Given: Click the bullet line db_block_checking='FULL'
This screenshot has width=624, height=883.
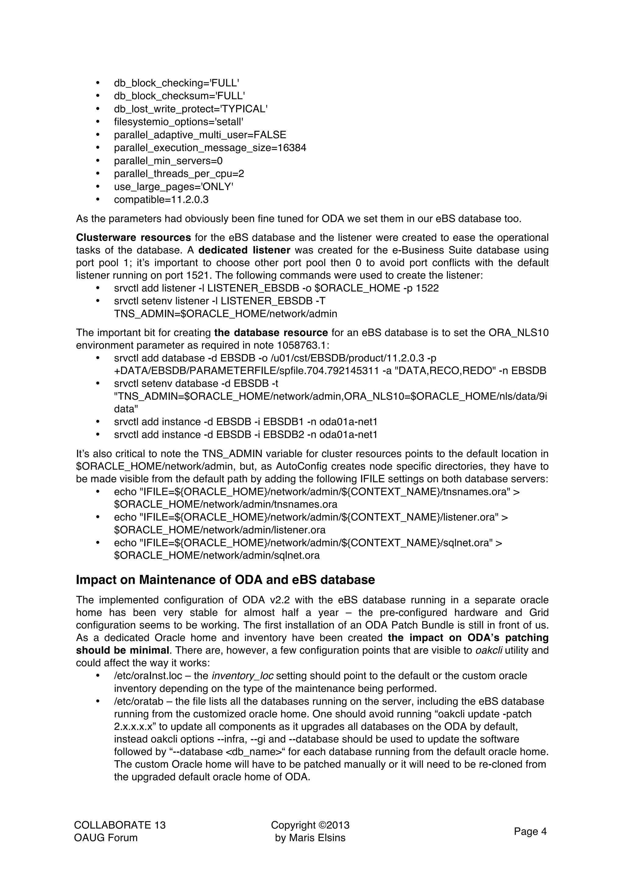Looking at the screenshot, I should (176, 83).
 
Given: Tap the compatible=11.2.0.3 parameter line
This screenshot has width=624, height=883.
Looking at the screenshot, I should (161, 200).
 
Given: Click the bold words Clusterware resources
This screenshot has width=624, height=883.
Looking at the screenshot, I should (133, 237).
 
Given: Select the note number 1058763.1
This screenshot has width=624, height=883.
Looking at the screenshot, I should (303, 345).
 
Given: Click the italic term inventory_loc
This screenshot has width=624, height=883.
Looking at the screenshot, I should (242, 676).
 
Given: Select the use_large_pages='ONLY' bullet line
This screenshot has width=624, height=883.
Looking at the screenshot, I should (173, 186).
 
